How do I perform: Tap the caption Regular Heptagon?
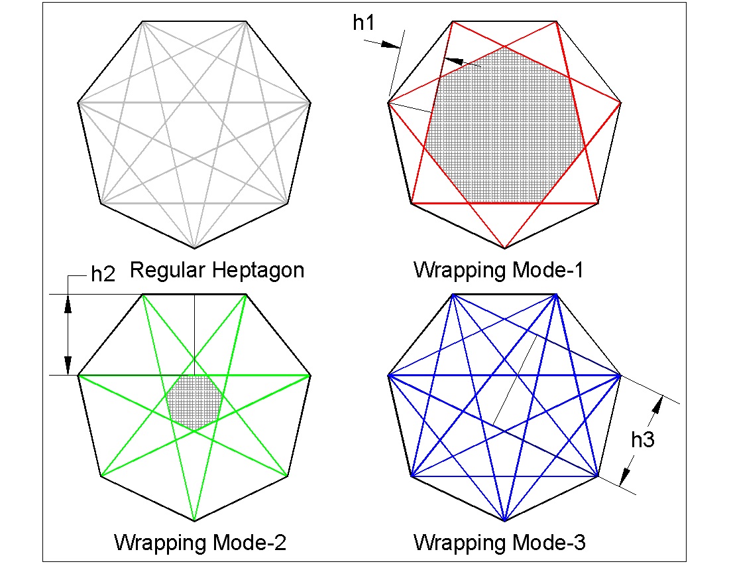tap(217, 271)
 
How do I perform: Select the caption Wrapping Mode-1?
tap(499, 271)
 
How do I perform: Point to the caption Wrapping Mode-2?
tap(200, 542)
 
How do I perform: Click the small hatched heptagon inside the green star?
tap(194, 400)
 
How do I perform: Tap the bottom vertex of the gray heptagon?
tap(194, 249)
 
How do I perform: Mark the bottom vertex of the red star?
tap(505, 249)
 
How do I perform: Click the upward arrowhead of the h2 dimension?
tap(68, 302)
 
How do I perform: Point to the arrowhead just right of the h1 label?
tap(391, 44)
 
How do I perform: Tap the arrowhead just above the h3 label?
tap(659, 403)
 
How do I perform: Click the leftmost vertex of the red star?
tap(388, 103)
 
